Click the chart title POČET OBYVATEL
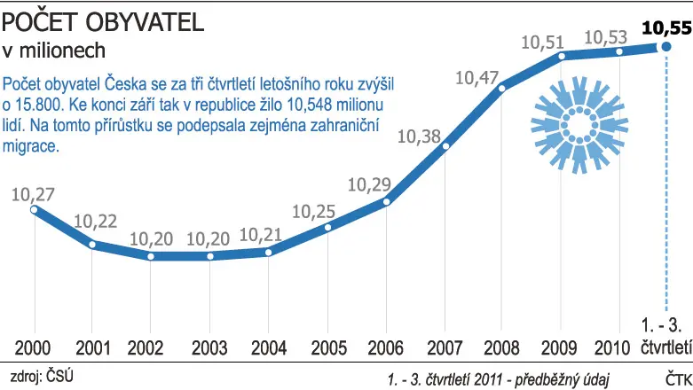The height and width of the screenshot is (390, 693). [103, 22]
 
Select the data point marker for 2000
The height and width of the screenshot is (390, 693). [34, 209]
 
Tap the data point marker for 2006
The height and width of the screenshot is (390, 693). [386, 202]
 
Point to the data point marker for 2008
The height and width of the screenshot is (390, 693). [501, 89]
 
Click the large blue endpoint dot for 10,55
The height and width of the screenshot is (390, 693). [666, 46]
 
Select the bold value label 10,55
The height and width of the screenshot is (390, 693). [667, 27]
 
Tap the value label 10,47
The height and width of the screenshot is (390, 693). [476, 78]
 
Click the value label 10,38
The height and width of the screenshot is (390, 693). [419, 136]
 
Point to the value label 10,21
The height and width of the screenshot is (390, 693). [260, 235]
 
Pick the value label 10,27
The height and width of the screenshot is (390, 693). [33, 195]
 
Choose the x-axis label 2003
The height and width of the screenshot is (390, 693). [209, 348]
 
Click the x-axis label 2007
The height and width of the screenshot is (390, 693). [445, 348]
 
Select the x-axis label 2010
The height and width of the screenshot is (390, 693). [612, 348]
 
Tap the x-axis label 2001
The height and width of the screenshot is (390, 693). [93, 348]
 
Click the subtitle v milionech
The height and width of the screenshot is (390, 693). [54, 51]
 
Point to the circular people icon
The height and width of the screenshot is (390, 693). [579, 125]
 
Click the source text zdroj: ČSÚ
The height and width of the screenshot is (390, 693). [42, 377]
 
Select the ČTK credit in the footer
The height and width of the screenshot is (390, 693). [679, 379]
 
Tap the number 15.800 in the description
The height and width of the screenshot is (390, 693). [39, 105]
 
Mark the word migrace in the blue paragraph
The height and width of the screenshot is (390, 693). [30, 145]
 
